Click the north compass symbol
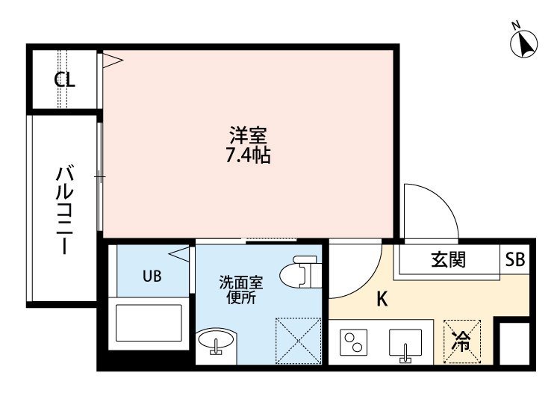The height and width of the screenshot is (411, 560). [524, 43]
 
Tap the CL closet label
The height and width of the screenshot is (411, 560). [65, 80]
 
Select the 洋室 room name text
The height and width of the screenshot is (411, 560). [248, 136]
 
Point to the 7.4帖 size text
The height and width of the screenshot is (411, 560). [248, 155]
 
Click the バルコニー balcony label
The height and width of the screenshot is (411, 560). [65, 210]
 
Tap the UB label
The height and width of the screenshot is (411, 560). [152, 276]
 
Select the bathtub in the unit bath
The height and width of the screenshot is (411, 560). [149, 323]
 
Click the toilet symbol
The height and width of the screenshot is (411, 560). [300, 271]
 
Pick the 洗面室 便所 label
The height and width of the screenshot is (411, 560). [241, 290]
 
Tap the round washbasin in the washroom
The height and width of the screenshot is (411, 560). [216, 340]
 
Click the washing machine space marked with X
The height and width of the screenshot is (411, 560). [299, 341]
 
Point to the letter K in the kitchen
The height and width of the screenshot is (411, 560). [382, 299]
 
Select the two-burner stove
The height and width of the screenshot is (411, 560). [354, 342]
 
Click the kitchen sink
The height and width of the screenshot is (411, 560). [405, 344]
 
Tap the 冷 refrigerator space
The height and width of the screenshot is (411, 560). [461, 342]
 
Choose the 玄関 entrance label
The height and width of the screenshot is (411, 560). [449, 260]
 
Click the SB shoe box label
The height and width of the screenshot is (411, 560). [515, 259]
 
